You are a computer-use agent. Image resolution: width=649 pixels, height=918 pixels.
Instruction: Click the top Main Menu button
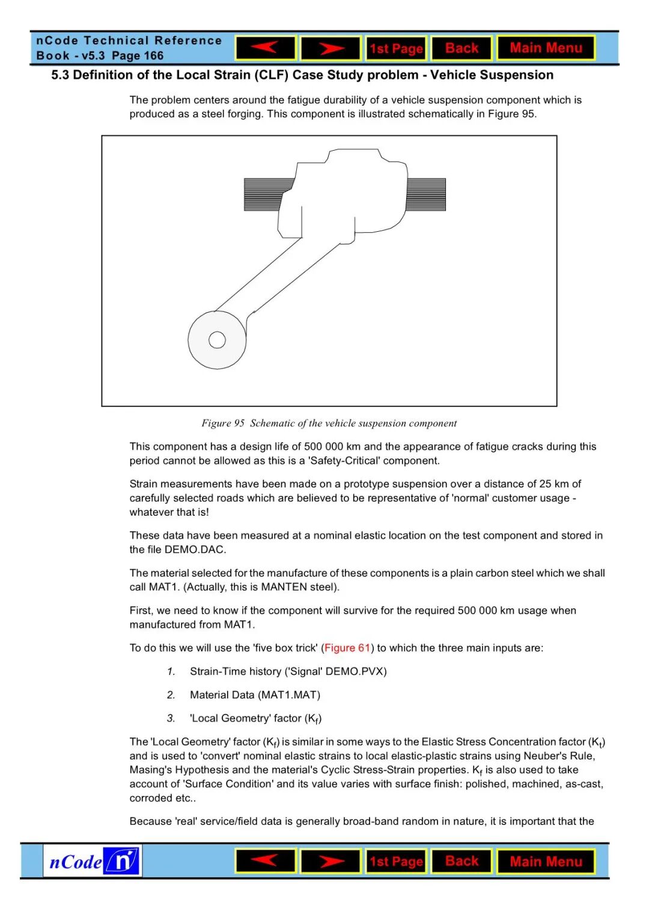pos(546,48)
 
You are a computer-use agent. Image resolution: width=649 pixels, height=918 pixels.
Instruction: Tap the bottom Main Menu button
pos(546,862)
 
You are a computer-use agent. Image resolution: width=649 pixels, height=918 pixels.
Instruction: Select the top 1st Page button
pos(396,49)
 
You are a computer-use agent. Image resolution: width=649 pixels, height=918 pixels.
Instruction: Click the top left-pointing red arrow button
pos(266,48)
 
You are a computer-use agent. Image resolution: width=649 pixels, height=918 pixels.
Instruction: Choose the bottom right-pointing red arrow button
pos(331,862)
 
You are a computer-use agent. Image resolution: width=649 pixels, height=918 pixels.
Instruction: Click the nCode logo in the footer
pos(93,861)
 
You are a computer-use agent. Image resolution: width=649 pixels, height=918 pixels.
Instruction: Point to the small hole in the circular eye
pos(217,340)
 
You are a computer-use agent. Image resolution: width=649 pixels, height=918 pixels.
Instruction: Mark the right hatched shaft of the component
pos(426,195)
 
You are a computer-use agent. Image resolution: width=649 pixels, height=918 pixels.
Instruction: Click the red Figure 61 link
pos(347,648)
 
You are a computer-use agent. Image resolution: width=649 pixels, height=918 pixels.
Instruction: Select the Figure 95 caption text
pos(329,423)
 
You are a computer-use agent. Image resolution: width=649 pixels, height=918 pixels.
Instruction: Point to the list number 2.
pos(171,695)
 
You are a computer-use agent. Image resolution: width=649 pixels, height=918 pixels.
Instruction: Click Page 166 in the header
pos(138,56)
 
